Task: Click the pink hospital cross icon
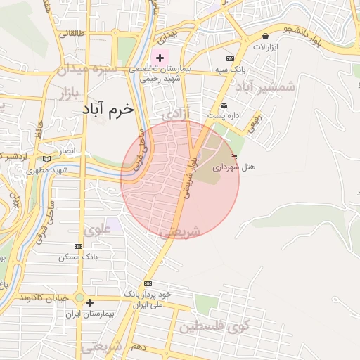(x=160, y=58)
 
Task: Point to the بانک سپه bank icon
(x=230, y=59)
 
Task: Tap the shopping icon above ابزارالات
(x=265, y=36)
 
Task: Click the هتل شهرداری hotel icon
(x=233, y=156)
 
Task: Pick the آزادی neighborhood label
(x=176, y=112)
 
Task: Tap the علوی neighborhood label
(x=98, y=229)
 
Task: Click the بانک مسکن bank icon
(x=78, y=247)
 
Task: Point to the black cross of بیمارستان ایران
(x=89, y=302)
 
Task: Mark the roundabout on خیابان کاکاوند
(x=82, y=298)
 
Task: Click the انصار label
(x=65, y=150)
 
